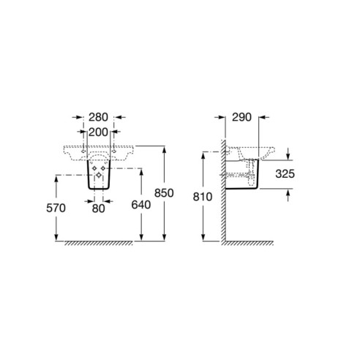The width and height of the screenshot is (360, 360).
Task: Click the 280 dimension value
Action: coord(98,117)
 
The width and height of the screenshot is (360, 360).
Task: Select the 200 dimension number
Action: coord(98,132)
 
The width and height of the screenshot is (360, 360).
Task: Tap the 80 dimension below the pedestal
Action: coord(99,209)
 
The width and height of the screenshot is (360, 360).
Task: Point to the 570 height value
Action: coord(56,209)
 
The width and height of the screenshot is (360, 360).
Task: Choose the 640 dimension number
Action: coord(141,205)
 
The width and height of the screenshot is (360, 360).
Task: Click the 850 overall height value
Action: coord(164,193)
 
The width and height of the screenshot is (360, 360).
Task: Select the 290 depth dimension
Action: coord(241,117)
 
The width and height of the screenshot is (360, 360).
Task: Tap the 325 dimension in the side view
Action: coord(285,174)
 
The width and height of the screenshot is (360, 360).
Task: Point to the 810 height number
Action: coord(203,197)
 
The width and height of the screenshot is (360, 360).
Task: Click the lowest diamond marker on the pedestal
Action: coord(99,175)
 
